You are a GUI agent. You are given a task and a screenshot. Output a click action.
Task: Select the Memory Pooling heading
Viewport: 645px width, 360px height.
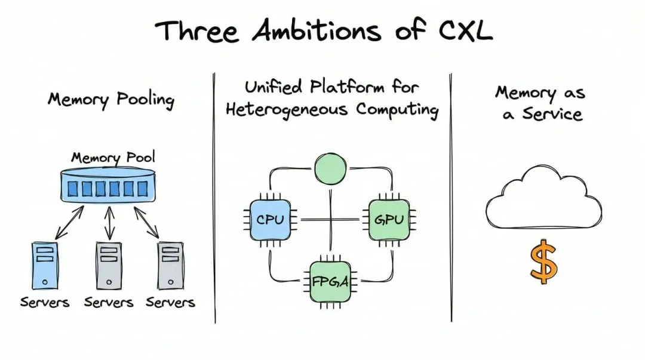(x=111, y=99)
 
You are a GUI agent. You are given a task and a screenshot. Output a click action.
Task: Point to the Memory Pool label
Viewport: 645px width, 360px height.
(x=113, y=158)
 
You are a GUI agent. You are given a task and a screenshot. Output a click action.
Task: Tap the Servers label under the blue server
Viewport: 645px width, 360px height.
(x=44, y=303)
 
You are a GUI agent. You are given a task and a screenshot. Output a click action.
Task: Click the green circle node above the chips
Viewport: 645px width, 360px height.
(x=330, y=169)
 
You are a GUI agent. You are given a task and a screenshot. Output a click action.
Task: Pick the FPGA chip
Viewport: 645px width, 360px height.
(x=330, y=280)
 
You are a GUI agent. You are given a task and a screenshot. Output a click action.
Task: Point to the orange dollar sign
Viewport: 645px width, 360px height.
(x=543, y=261)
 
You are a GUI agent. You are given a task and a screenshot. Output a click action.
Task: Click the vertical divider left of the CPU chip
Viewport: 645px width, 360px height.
(x=214, y=197)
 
